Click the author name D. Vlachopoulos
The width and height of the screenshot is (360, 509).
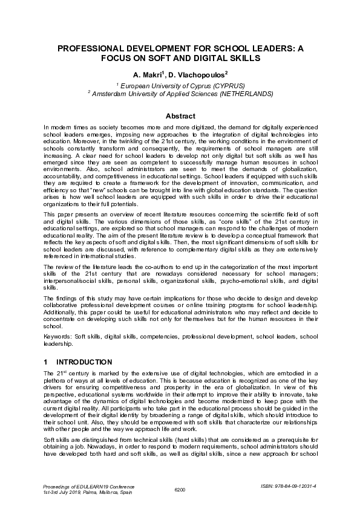tap(199, 75)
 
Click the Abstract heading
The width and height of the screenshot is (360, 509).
tap(180, 116)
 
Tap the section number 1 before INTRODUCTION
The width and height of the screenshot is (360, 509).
tap(46, 362)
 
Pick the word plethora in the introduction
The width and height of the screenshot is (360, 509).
tap(56, 380)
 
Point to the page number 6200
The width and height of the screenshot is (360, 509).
tap(180, 488)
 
